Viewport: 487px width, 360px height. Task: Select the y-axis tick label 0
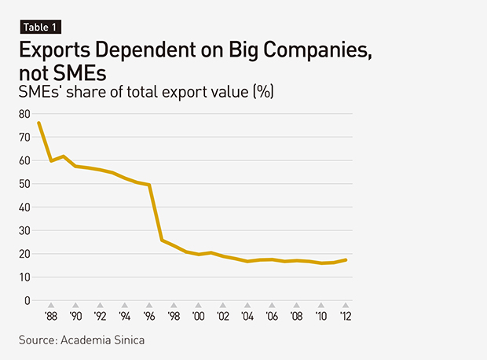tap(27, 300)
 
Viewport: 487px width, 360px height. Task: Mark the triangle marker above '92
tap(100, 306)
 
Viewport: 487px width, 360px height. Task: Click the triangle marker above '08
tap(296, 306)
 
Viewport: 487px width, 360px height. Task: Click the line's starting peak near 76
tap(38, 123)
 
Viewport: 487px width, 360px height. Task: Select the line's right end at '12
tap(346, 259)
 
